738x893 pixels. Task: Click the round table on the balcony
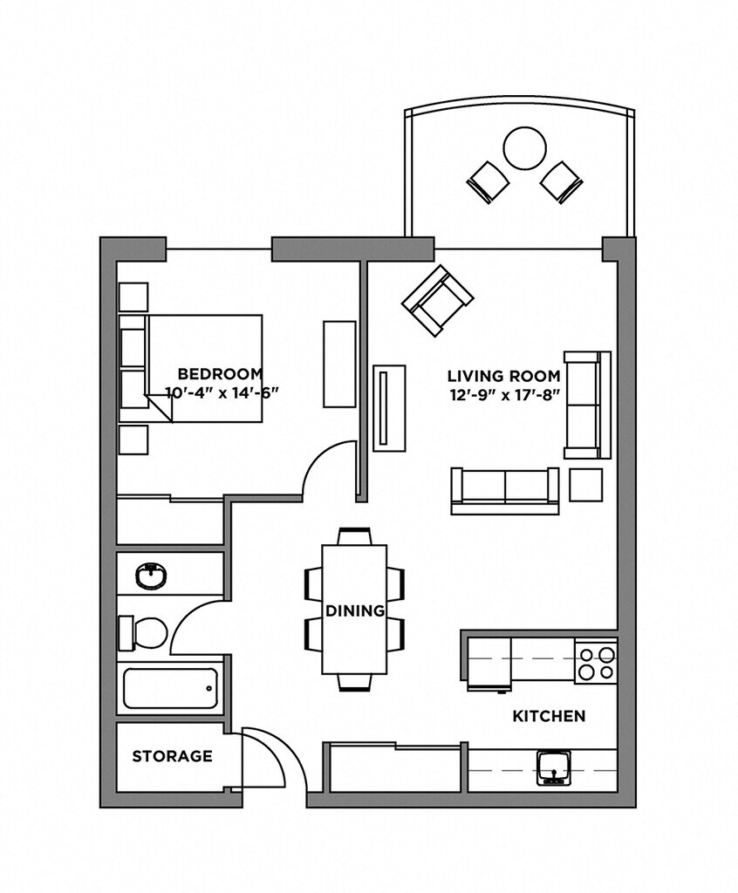coord(525,149)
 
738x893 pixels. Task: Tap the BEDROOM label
coord(220,375)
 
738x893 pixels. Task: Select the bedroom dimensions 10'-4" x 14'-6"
coord(222,393)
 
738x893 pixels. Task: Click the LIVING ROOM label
coord(503,376)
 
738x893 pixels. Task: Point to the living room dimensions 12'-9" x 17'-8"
coord(503,394)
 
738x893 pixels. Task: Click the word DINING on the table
coord(355,611)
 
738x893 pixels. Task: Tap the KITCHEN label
coord(548,716)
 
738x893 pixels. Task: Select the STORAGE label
coord(172,756)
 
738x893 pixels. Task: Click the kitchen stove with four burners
coord(596,661)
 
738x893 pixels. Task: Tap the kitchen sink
coord(551,766)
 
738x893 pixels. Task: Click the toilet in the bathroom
coord(146,632)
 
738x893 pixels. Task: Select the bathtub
coord(169,688)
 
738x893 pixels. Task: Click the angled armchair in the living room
coord(437,301)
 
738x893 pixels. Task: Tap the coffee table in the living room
coord(389,407)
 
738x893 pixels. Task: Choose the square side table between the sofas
coord(585,484)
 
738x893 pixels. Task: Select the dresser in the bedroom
coord(339,364)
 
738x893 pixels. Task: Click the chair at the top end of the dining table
coord(354,536)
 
